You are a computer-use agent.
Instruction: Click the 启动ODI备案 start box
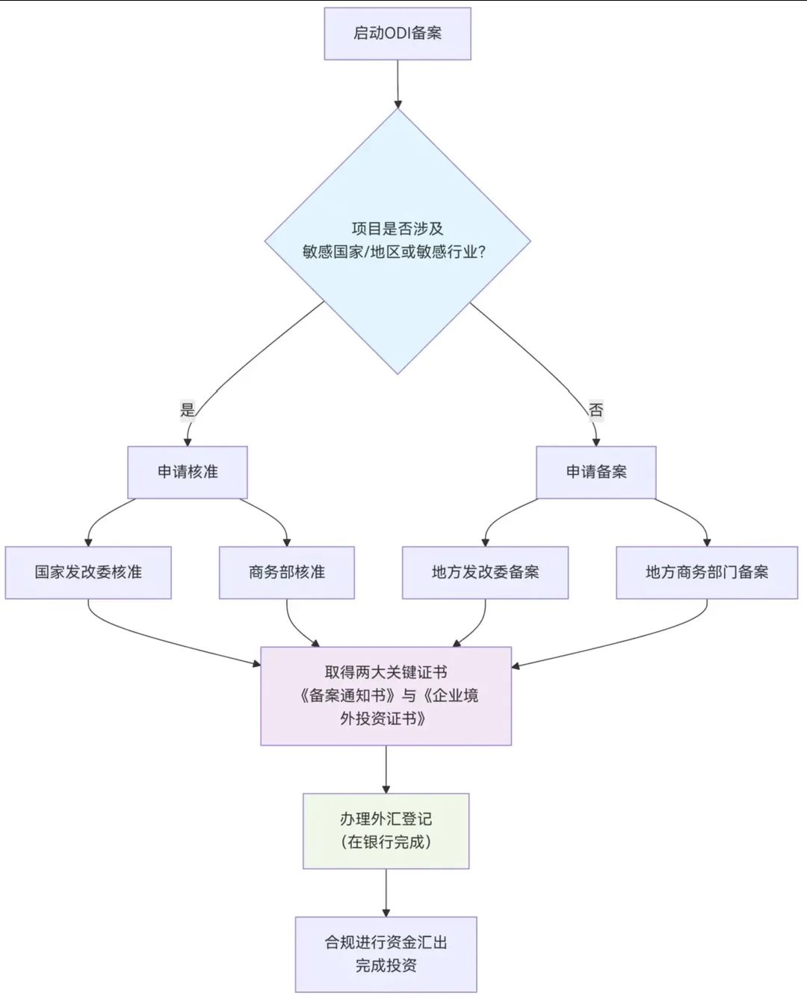[397, 34]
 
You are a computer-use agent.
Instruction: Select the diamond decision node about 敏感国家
[397, 241]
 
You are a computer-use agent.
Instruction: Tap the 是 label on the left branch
[188, 410]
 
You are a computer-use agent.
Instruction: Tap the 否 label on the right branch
[596, 410]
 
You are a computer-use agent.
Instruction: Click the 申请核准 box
[187, 472]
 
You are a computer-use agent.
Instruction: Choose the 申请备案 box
[596, 472]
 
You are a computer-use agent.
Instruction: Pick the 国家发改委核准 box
[88, 572]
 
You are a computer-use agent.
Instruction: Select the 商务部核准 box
[286, 572]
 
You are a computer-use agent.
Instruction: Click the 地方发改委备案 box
[485, 572]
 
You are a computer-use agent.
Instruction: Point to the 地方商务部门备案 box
[706, 572]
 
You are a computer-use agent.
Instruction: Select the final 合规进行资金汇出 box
[386, 953]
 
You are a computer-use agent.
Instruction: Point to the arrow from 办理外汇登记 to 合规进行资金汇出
[386, 892]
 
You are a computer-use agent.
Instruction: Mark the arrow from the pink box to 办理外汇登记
[386, 769]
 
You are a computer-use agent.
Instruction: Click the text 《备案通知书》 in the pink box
[347, 695]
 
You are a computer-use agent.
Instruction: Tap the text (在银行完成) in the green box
[386, 842]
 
